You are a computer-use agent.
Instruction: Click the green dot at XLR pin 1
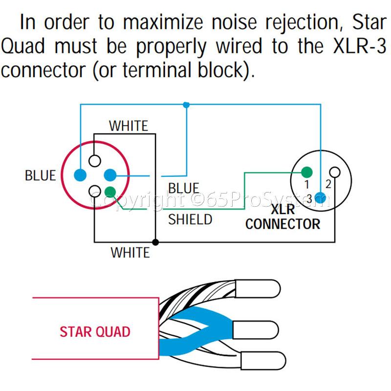pos(306,172)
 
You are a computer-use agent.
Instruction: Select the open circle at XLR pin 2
pos(335,172)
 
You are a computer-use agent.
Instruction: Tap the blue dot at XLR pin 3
pos(320,197)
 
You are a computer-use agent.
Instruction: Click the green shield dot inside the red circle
pos(110,192)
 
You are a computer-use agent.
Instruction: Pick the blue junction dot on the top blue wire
pos(186,105)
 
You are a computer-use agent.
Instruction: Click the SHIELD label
pos(190,219)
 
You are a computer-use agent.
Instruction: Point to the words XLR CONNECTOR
pos(282,217)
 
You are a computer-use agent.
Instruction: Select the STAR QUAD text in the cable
pos(95,332)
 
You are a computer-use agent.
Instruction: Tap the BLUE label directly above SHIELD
pos(184,189)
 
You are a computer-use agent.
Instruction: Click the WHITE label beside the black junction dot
pos(130,253)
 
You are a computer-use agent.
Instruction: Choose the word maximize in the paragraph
pos(161,22)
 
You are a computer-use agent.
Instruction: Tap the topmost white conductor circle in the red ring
pos(95,160)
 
